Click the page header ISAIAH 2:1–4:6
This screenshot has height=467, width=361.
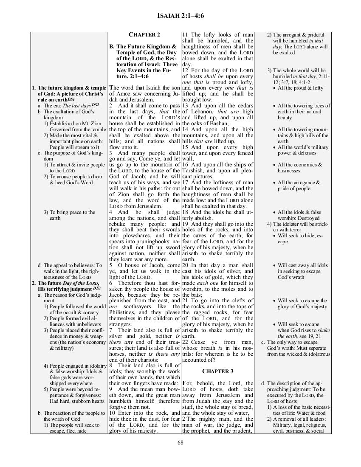coord(180,17)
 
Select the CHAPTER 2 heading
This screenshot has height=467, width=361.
coord(144,34)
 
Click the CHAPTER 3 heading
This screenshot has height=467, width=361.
coord(218,371)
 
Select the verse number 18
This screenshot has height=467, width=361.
coord(186,212)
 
